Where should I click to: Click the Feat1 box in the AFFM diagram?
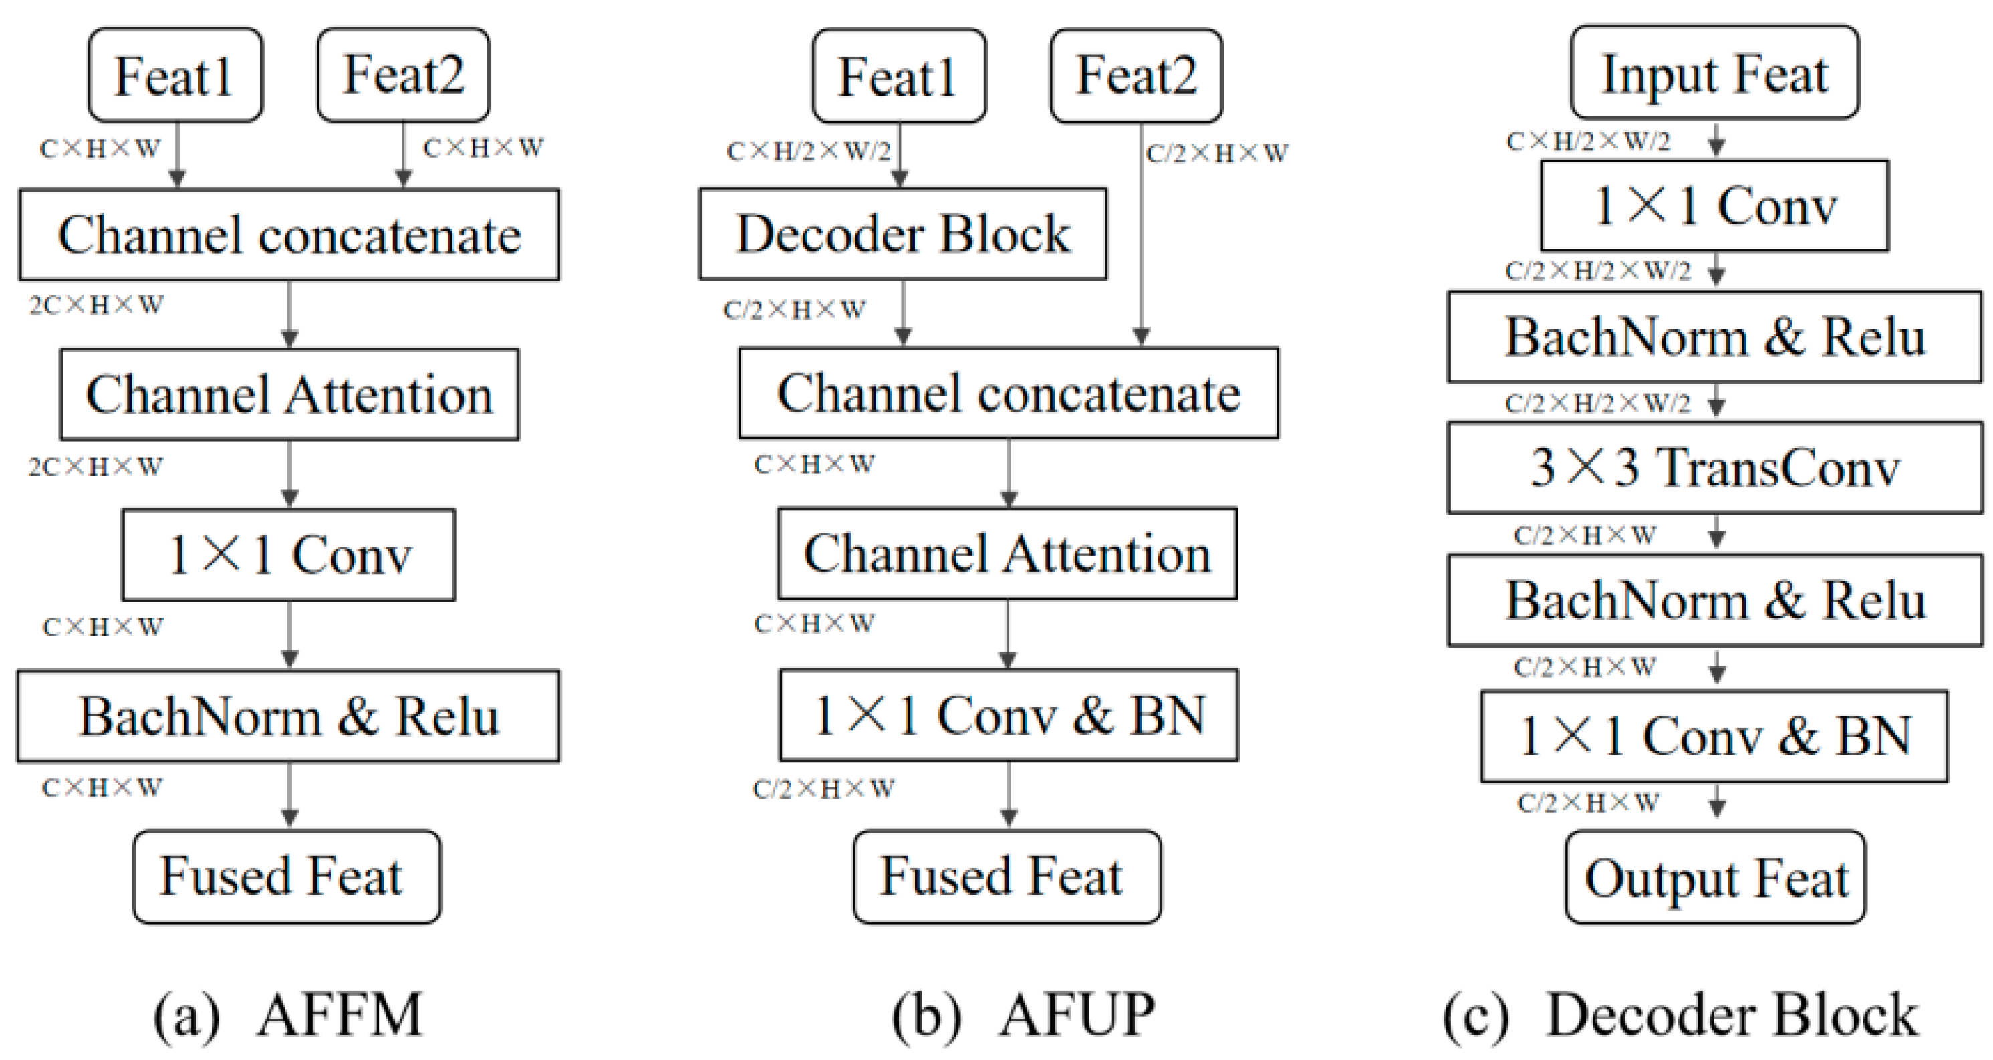pyautogui.click(x=175, y=75)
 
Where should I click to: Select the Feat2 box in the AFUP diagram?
pyautogui.click(x=1136, y=75)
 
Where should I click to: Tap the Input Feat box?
pyautogui.click(x=1714, y=73)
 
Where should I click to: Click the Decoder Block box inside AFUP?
pyautogui.click(x=902, y=234)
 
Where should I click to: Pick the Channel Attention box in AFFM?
pyautogui.click(x=289, y=394)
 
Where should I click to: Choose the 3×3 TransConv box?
pyautogui.click(x=1714, y=468)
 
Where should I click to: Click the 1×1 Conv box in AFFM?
pyautogui.click(x=289, y=555)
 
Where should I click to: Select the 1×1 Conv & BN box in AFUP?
pyautogui.click(x=1008, y=715)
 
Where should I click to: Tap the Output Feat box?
pyautogui.click(x=1715, y=878)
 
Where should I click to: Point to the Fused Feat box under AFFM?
pyautogui.click(x=287, y=877)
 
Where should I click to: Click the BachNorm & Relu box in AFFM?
pyautogui.click(x=288, y=716)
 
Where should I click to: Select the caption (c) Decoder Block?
pyautogui.click(x=1680, y=1015)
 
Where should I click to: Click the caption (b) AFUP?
pyautogui.click(x=1023, y=1015)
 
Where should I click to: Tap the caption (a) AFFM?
pyautogui.click(x=288, y=1015)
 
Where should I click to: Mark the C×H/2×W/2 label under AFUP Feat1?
pyautogui.click(x=809, y=151)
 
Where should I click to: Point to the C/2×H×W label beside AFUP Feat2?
pyautogui.click(x=1216, y=153)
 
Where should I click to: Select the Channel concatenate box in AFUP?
pyautogui.click(x=1008, y=393)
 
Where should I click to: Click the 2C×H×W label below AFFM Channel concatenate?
pyautogui.click(x=97, y=305)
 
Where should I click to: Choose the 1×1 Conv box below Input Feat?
pyautogui.click(x=1714, y=206)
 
